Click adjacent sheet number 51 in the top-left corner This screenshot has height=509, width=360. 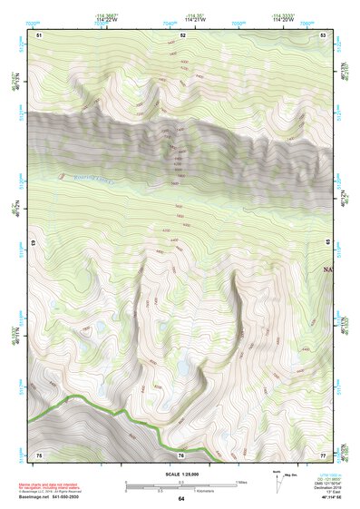point(39,34)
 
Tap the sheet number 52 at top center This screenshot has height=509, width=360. point(183,34)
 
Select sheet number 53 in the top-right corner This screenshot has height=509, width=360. point(324,34)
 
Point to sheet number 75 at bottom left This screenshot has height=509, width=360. point(39,454)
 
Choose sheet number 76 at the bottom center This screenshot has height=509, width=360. point(181,454)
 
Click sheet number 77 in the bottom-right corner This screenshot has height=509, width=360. point(324,454)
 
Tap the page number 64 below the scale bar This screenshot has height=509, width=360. point(181,499)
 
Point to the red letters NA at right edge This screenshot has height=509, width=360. point(327,269)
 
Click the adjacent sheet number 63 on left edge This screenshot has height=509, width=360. point(34,244)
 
